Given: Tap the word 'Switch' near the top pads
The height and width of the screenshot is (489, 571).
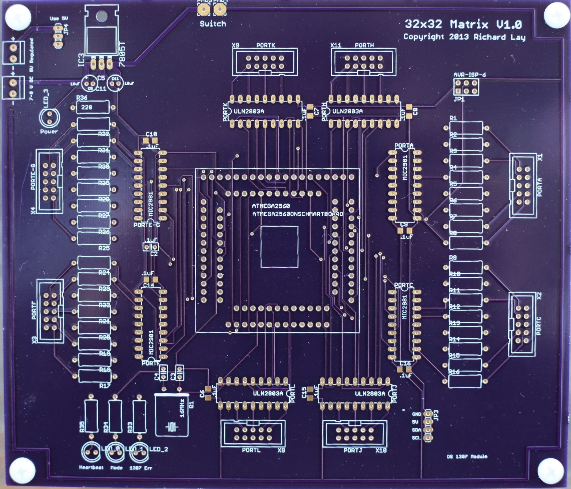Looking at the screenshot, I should pos(213,24).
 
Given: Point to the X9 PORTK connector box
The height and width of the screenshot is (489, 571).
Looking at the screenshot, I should pos(265,62).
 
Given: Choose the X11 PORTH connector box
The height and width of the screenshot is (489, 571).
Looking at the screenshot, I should pos(363,62).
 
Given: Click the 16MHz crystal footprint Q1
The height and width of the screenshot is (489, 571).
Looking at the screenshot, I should pos(172,415).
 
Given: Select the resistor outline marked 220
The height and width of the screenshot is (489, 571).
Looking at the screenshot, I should pos(93,107).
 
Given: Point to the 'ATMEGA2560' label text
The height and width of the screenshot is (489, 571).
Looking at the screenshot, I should pos(271,206).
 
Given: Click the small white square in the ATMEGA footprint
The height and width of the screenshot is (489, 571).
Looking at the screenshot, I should pos(279,247).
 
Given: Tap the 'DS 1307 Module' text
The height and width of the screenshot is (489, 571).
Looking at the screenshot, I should pos(467,456).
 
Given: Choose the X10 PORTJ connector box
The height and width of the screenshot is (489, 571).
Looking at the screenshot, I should pos(354,433).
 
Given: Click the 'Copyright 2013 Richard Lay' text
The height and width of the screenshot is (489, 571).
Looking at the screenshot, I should pos(464,37).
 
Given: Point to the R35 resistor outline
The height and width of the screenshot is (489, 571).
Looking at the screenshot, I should pos(91,416).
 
